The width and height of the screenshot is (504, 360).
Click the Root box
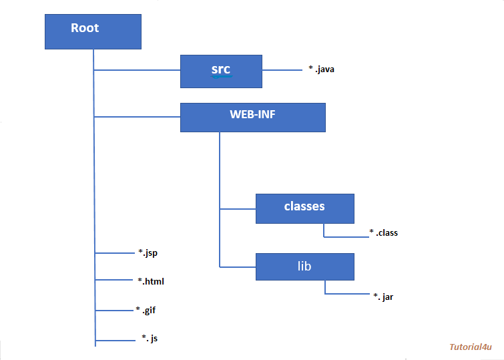(x=93, y=32)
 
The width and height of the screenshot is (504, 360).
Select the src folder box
(x=221, y=71)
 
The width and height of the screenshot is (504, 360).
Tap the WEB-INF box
(x=252, y=117)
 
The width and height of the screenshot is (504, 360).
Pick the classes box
(x=304, y=208)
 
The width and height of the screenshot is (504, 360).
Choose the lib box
(x=304, y=266)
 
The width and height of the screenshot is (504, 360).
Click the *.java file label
(x=321, y=68)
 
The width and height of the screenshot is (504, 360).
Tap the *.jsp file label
(x=148, y=252)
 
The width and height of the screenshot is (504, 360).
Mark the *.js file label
(x=150, y=339)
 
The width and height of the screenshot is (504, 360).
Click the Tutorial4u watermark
(x=470, y=347)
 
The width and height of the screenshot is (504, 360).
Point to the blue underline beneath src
(x=221, y=77)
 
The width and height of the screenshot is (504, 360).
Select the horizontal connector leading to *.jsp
(x=115, y=253)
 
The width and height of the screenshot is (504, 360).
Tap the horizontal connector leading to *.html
(x=115, y=280)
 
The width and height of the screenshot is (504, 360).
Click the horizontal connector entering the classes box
(x=238, y=208)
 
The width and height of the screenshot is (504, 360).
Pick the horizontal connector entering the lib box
(x=238, y=266)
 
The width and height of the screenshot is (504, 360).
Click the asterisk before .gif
(x=137, y=310)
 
